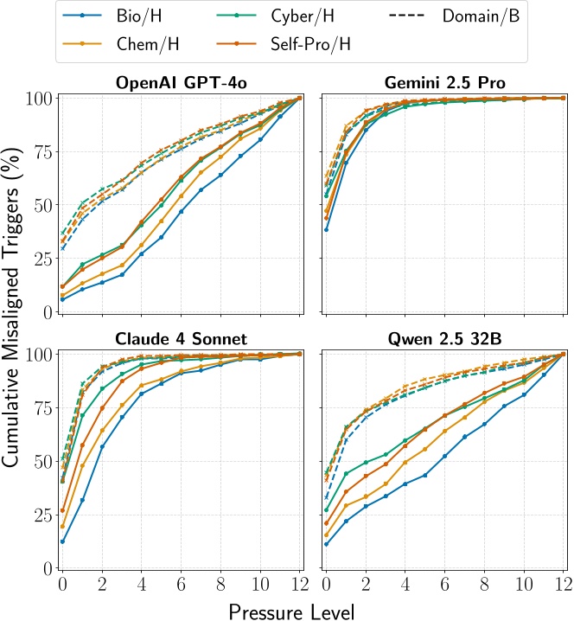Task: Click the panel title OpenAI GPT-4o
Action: tap(181, 83)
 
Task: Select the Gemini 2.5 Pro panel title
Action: tap(444, 83)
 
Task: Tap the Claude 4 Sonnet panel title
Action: tap(181, 338)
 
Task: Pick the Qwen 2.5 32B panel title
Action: tap(444, 338)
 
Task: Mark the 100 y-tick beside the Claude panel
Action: tap(33, 355)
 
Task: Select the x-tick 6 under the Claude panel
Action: tap(181, 585)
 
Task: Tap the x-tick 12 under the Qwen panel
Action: tap(562, 585)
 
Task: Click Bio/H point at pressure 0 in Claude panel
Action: tap(61, 541)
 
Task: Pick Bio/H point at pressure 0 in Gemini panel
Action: tap(325, 229)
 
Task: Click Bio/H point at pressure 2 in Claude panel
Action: tap(101, 446)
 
